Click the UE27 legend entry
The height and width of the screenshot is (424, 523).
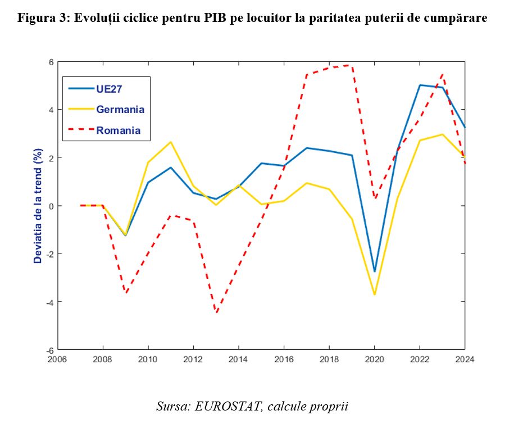pos(110,88)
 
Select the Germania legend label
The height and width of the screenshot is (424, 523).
pos(120,109)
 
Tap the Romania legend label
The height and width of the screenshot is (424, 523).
pos(119,130)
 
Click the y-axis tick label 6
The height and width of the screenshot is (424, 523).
pos(51,61)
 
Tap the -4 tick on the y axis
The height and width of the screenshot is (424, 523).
pos(48,302)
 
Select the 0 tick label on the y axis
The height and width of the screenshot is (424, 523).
pos(51,206)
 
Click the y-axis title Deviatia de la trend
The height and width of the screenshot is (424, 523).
pos(38,206)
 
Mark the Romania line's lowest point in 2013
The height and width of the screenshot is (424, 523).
pos(216,312)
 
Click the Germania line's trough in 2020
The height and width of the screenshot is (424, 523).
pos(374,295)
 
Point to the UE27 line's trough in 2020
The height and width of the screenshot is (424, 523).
pos(374,272)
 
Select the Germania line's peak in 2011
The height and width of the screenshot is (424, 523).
pos(171,142)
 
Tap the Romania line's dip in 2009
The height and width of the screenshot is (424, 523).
pos(126,293)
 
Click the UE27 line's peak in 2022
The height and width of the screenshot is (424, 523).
pos(420,85)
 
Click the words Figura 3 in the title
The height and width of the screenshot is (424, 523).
pos(42,18)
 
